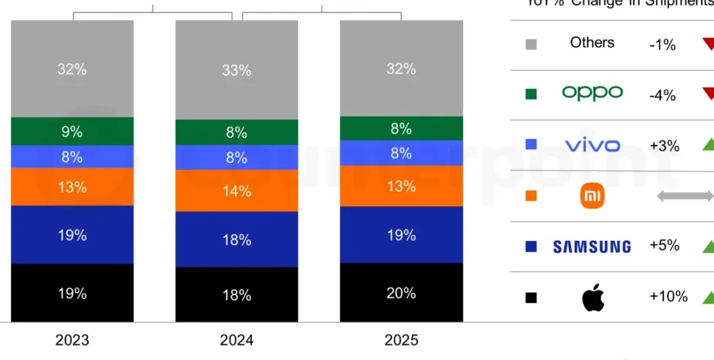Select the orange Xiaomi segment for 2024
click(236, 190)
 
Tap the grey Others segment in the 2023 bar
click(72, 69)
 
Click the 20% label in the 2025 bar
click(401, 293)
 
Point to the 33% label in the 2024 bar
click(236, 70)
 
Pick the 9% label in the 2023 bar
click(72, 131)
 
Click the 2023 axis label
click(72, 340)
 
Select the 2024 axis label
click(236, 340)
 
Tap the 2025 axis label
click(401, 340)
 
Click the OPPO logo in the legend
click(592, 93)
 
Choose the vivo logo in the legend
click(592, 144)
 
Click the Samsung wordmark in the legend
click(592, 246)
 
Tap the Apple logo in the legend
click(593, 297)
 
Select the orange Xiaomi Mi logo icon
click(592, 197)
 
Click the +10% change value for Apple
click(668, 297)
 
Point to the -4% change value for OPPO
click(662, 95)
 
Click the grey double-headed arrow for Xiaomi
click(684, 196)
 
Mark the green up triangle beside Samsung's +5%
click(706, 247)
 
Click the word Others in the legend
click(592, 42)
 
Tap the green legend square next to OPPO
click(531, 94)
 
